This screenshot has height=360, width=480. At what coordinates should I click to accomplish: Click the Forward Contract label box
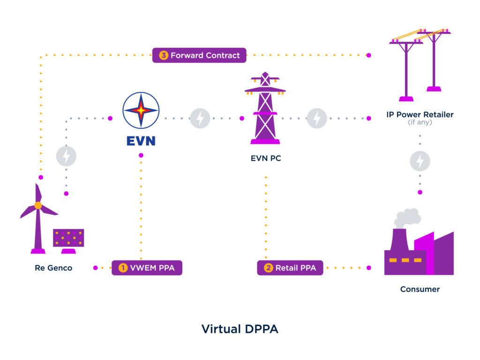[x=199, y=55]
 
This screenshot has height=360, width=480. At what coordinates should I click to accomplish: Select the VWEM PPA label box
[x=147, y=268]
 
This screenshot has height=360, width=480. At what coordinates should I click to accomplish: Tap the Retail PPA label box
[x=290, y=268]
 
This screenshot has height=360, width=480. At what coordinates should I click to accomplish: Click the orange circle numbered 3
[x=164, y=55]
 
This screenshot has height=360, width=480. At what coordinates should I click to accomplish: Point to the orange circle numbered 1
[x=123, y=268]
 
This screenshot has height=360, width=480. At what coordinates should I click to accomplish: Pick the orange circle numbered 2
[x=268, y=268]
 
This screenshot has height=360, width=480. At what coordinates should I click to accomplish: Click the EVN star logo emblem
[x=141, y=111]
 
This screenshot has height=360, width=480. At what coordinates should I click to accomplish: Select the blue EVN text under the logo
[x=141, y=141]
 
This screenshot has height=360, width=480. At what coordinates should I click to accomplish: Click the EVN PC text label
[x=266, y=158]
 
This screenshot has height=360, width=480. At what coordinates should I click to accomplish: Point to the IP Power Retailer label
[x=420, y=114]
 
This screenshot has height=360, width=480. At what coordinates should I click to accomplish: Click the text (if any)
[x=420, y=122]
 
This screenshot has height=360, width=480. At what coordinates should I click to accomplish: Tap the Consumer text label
[x=420, y=289]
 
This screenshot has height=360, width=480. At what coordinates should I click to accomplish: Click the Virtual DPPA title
[x=240, y=329]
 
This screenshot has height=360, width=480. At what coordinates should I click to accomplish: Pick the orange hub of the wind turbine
[x=38, y=205]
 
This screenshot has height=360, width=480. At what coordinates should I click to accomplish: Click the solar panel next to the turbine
[x=68, y=238]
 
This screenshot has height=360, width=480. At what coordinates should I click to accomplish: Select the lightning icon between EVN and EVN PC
[x=200, y=118]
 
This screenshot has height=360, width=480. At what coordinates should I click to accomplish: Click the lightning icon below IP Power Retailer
[x=420, y=161]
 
